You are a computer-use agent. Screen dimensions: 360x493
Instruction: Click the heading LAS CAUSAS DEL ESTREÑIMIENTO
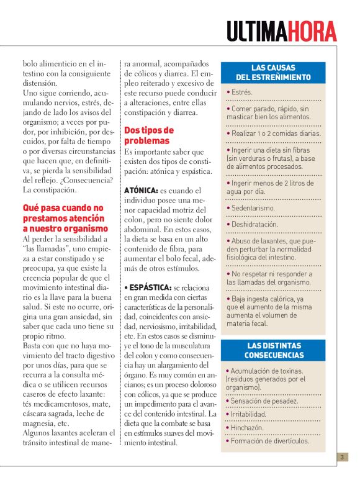click(273, 73)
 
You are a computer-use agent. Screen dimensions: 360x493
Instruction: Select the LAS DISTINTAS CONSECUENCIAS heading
click(273, 351)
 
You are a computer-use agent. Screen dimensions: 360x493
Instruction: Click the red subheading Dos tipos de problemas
click(149, 135)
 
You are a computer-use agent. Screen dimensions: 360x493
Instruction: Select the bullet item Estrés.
click(240, 92)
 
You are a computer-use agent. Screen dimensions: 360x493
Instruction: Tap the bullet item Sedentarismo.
click(251, 208)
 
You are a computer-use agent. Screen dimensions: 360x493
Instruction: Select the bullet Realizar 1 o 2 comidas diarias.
click(274, 133)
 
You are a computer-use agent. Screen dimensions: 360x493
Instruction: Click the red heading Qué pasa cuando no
click(63, 209)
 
